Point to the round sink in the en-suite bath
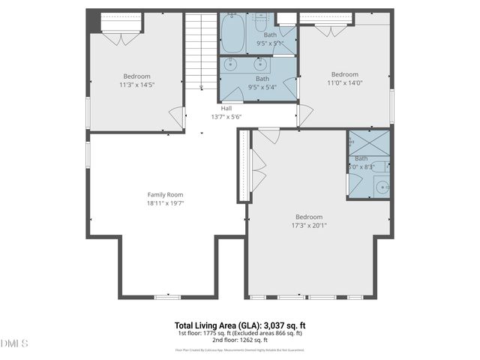pos(382,187)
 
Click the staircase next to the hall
pos(201,49)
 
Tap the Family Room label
pos(165,194)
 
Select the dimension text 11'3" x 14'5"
pos(137,85)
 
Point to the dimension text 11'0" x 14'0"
pos(345,84)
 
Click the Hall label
pos(226,108)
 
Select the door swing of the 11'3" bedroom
pos(176,118)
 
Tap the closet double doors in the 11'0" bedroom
pos(325,30)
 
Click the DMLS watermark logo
pos(14,343)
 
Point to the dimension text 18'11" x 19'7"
pos(165,202)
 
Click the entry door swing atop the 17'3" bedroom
pos(269,136)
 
